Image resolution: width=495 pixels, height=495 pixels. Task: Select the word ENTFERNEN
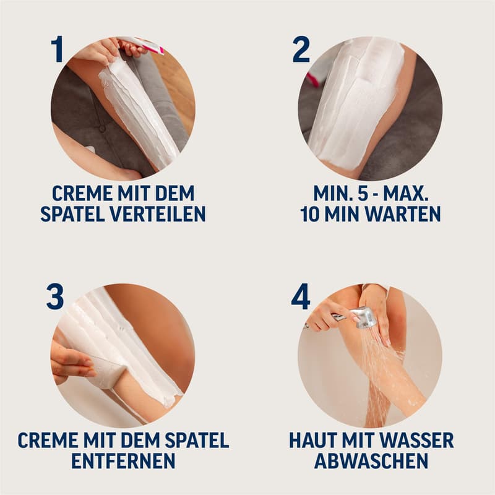(x=123, y=461)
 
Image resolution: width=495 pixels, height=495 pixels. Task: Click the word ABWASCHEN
(x=371, y=461)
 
